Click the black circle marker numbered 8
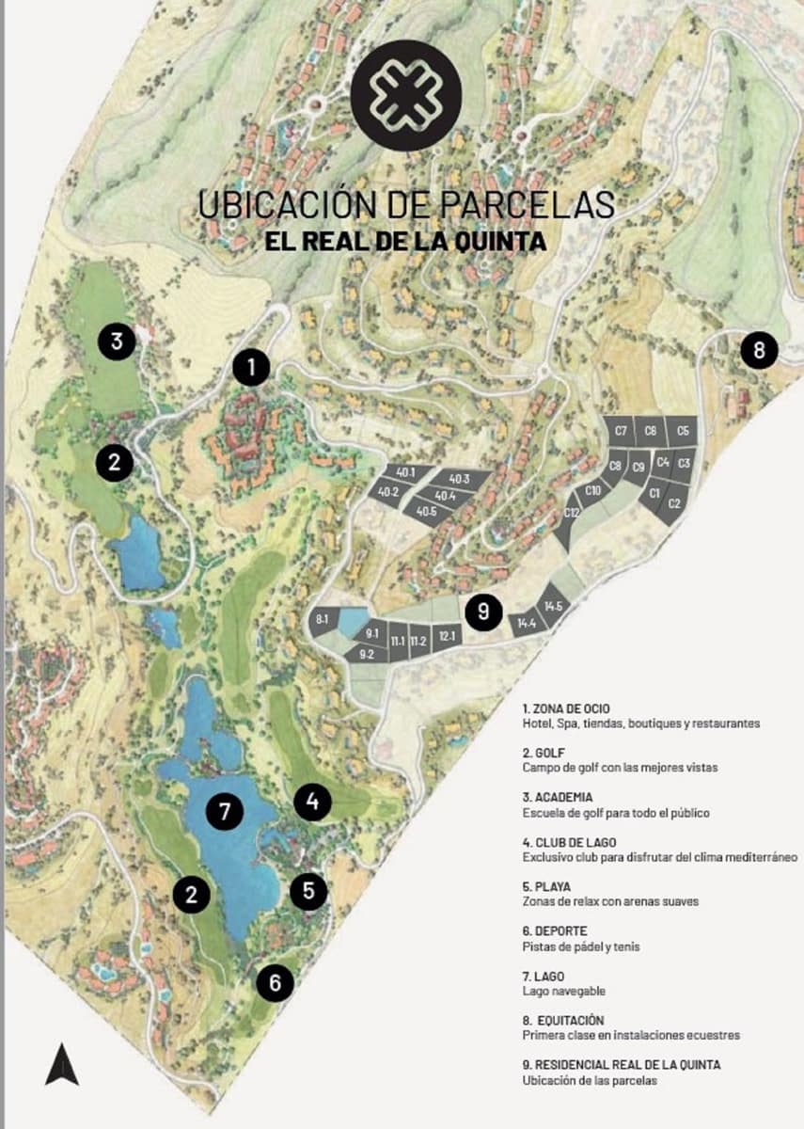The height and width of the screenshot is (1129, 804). pos(759,351)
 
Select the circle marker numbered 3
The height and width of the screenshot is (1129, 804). pos(117,341)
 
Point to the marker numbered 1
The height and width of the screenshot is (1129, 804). pos(251,368)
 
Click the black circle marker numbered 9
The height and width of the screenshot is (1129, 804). pos(483,612)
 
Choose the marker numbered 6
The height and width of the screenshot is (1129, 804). pos(275,983)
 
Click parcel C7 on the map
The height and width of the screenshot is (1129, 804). pos(621,431)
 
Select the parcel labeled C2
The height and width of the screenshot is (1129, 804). pos(674,503)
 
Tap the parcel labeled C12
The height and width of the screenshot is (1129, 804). pos(571,514)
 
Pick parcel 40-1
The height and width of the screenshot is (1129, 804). pos(406,472)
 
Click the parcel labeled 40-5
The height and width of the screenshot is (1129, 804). pos(426,511)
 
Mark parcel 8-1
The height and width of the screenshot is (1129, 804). pos(322,619)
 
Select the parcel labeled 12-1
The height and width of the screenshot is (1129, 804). pos(447,638)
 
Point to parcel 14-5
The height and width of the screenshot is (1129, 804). pos(553,607)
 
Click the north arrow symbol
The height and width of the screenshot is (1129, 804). pos(62,1063)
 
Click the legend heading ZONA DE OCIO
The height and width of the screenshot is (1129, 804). pos(569,708)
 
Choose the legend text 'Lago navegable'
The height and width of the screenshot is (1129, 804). pos(563,992)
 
